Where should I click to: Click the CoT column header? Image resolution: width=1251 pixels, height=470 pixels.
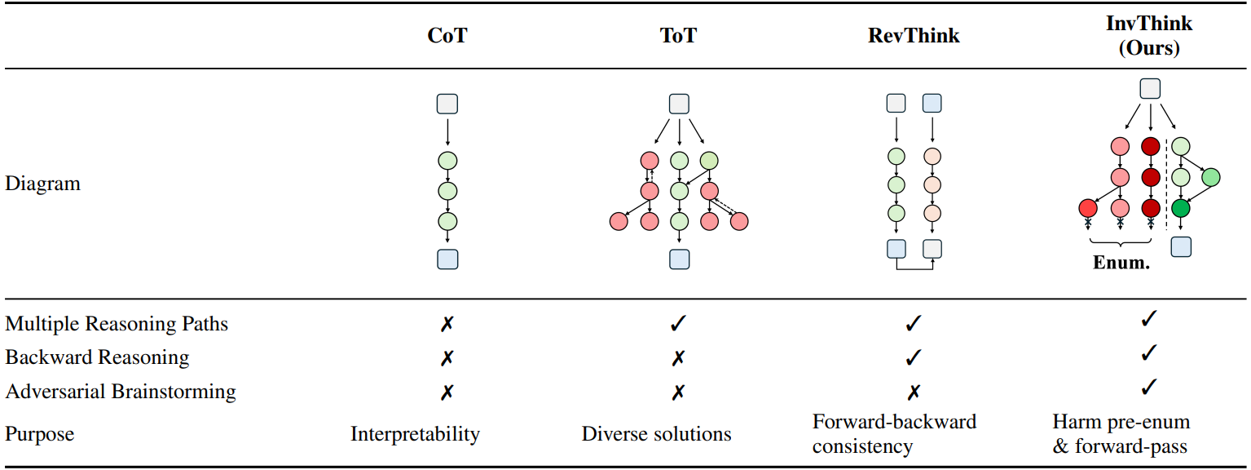[x=447, y=36]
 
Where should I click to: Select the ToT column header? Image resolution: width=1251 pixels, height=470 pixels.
[x=679, y=36]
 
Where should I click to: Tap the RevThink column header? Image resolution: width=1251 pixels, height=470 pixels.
[x=914, y=36]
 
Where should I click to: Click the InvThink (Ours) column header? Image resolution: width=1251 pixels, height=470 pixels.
[x=1148, y=35]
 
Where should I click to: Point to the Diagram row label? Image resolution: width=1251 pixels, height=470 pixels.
[x=43, y=184]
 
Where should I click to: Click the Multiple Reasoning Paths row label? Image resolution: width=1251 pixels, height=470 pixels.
[x=117, y=324]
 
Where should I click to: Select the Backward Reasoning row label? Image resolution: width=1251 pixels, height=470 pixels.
[x=97, y=357]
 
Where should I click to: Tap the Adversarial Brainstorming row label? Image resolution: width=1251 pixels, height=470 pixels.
[x=121, y=392]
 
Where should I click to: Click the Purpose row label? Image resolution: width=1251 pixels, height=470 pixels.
[x=40, y=433]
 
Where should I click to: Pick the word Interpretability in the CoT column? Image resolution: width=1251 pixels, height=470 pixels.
[x=415, y=433]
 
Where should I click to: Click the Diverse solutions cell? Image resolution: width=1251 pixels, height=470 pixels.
[x=656, y=433]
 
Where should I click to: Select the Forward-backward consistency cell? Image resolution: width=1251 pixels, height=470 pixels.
[x=894, y=434]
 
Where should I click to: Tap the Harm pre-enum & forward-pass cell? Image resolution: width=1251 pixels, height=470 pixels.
[x=1121, y=434]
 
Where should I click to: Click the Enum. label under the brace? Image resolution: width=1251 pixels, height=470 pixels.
[x=1121, y=264]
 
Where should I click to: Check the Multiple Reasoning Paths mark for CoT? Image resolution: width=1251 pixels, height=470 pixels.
[x=447, y=324]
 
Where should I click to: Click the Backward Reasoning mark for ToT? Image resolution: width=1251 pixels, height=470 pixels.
[x=678, y=358]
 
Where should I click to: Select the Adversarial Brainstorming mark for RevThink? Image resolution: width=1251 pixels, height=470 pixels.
[x=913, y=392]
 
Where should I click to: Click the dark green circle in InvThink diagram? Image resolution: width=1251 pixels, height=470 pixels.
[x=1181, y=208]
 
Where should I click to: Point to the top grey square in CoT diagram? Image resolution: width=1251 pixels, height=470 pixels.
[x=447, y=104]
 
